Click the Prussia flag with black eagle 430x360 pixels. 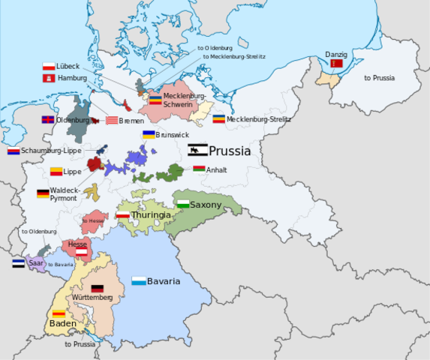[197, 150]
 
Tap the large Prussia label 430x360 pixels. [230, 151]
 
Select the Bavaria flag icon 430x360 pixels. [138, 281]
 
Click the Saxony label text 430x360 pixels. [206, 205]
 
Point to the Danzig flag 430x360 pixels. [336, 64]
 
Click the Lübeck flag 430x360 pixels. [49, 67]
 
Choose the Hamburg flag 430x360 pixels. [49, 78]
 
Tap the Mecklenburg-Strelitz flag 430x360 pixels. [218, 119]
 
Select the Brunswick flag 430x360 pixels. [149, 135]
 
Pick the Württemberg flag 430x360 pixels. [97, 288]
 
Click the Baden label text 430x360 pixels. [63, 324]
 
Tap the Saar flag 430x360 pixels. [19, 263]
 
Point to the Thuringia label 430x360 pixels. [151, 215]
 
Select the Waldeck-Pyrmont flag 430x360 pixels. [43, 193]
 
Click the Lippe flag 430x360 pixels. [56, 172]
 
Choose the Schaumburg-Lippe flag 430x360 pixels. [14, 151]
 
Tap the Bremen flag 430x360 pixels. [111, 120]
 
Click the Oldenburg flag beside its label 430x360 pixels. [47, 120]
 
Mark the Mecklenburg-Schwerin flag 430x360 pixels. [155, 99]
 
